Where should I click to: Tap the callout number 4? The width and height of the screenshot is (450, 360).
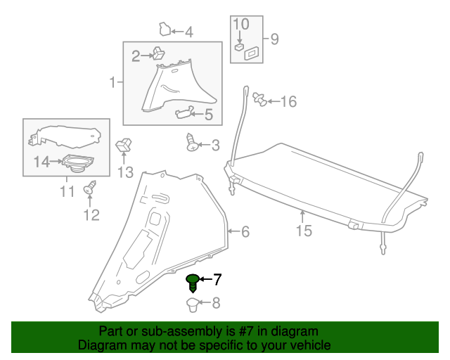tap(188, 32)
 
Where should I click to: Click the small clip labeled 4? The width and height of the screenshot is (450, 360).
tap(165, 30)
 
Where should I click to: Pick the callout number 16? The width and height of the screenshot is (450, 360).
tap(288, 102)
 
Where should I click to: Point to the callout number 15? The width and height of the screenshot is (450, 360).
tap(303, 230)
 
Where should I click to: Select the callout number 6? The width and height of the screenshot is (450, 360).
tap(245, 232)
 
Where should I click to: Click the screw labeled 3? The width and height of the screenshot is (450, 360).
tap(192, 143)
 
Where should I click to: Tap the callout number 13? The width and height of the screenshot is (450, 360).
tap(124, 172)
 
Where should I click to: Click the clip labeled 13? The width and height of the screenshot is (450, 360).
tap(124, 146)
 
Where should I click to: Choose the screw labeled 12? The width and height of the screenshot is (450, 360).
tap(90, 189)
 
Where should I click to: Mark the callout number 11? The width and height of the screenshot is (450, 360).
tap(67, 191)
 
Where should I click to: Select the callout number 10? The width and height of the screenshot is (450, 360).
tap(240, 25)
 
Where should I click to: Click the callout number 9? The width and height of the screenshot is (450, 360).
tap(274, 39)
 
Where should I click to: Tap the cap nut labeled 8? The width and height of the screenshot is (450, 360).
tap(192, 304)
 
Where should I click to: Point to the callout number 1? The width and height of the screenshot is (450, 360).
tap(112, 84)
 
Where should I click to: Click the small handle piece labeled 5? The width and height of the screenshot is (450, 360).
tap(184, 110)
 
